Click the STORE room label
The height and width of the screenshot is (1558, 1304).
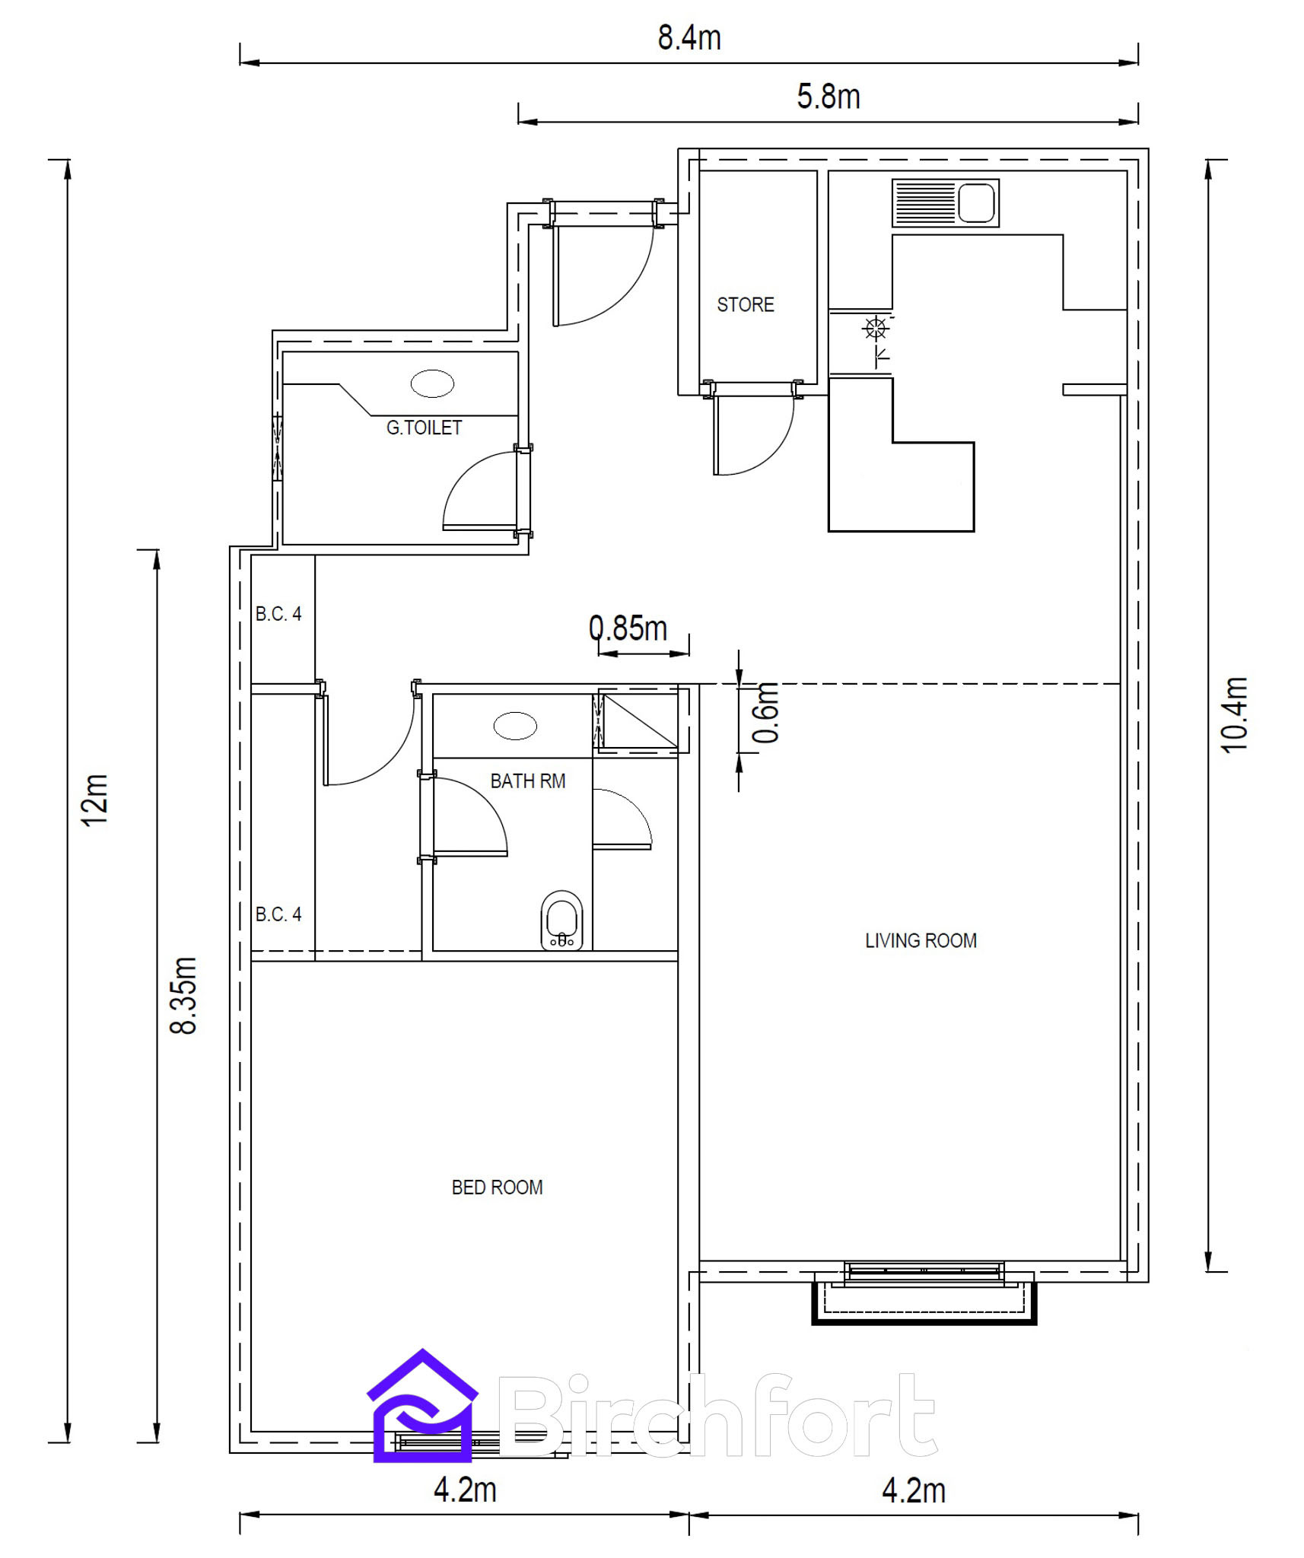click(745, 304)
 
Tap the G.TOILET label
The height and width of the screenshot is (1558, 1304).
click(424, 428)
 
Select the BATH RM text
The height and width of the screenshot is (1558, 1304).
click(528, 781)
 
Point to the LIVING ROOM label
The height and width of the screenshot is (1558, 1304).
click(921, 941)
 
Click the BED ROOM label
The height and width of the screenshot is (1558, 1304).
click(497, 1188)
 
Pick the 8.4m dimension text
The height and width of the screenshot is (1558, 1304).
click(689, 38)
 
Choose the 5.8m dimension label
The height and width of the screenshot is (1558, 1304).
click(829, 97)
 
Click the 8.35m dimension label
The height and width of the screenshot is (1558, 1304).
click(184, 995)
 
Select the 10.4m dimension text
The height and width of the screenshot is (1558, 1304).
click(1234, 715)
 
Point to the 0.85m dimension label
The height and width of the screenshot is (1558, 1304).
click(628, 628)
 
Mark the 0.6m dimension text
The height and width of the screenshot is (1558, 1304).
click(766, 713)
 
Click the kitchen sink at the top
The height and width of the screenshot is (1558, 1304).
click(946, 203)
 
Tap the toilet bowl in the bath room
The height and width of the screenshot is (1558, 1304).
click(561, 920)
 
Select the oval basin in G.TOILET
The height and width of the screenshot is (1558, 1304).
click(432, 383)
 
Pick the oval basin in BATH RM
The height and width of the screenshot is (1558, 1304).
click(515, 726)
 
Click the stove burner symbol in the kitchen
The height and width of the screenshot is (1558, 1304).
click(876, 329)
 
